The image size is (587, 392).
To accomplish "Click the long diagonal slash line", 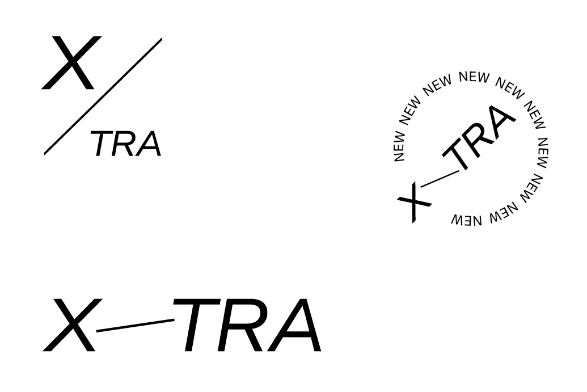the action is click(x=103, y=96).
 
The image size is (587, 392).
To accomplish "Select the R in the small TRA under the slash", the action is click(x=125, y=144).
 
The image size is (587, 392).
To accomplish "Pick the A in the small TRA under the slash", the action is click(x=149, y=144).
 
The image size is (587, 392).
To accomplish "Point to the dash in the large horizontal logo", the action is click(x=136, y=325).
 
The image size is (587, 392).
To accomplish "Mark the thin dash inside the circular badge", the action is click(x=440, y=179).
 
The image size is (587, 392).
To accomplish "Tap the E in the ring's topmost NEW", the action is click(x=474, y=77).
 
